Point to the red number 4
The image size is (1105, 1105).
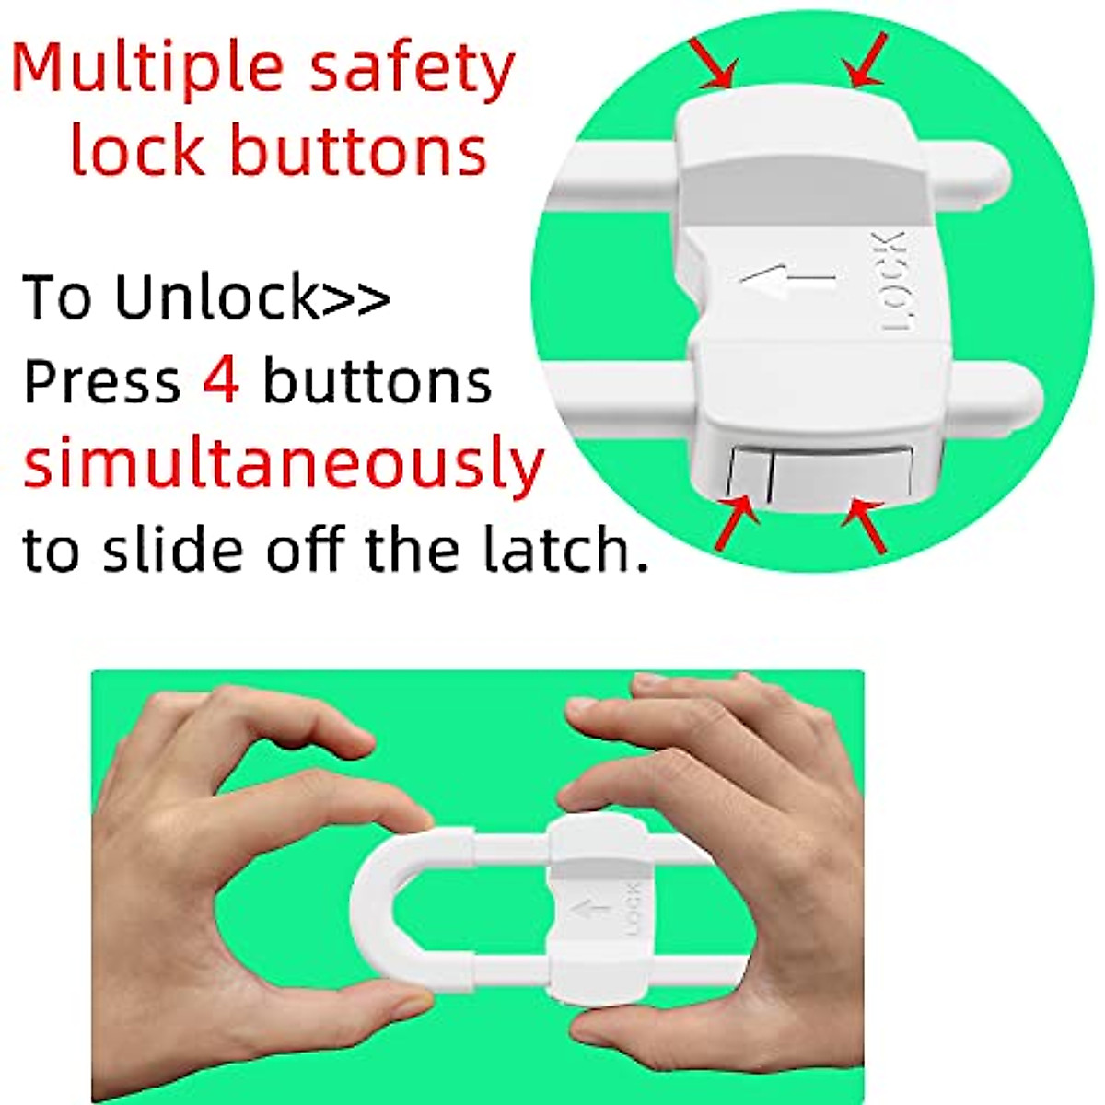click(221, 380)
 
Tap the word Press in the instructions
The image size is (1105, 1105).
click(101, 380)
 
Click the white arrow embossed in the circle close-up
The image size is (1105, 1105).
click(787, 277)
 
